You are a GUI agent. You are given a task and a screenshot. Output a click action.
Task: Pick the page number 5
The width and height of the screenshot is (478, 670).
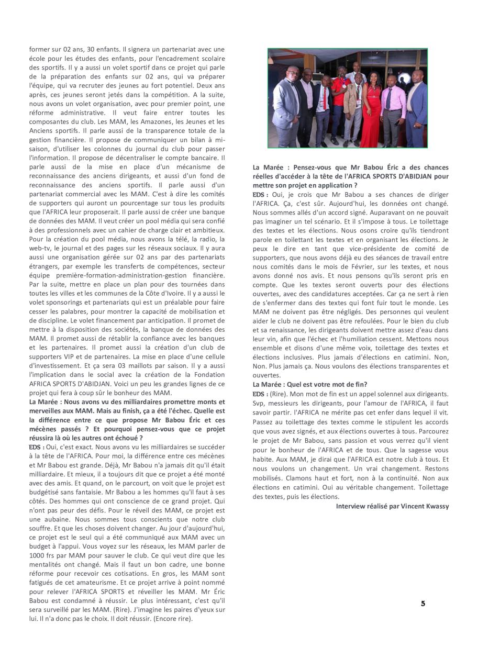[x=423, y=604]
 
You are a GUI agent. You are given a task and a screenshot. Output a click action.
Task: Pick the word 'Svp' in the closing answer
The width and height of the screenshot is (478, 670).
[x=258, y=402]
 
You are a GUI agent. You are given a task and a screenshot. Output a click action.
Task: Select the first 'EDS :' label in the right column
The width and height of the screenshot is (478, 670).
[x=260, y=194]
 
